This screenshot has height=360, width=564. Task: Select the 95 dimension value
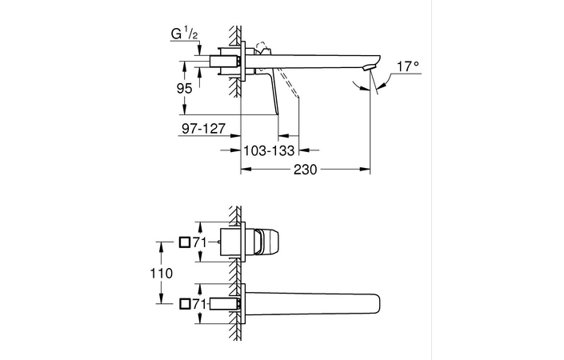[184, 90]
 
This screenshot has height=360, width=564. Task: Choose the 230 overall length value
[306, 170]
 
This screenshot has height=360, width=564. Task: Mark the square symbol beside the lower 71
[184, 303]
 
